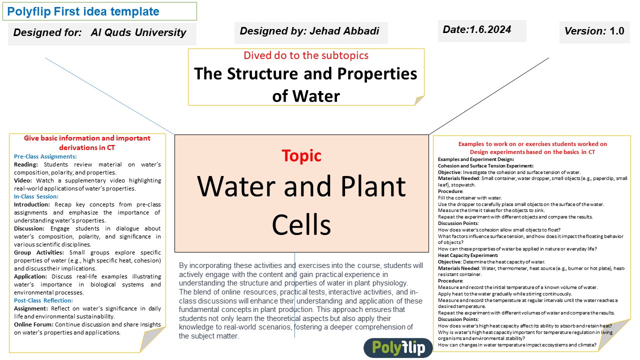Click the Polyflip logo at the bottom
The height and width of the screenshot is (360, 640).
[398, 347]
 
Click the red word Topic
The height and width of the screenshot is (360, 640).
[301, 155]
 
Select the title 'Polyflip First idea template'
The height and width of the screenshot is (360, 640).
[83, 11]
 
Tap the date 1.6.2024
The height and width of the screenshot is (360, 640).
[490, 29]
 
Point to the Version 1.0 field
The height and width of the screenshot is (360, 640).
[594, 31]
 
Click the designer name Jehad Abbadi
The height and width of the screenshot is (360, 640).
[344, 31]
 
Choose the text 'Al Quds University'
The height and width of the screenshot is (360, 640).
[138, 32]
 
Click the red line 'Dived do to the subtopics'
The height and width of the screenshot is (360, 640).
[306, 55]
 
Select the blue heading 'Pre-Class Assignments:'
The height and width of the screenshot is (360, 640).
[45, 156]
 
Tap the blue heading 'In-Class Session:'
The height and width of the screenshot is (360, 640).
[36, 196]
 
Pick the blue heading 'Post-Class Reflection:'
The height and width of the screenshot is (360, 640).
[43, 300]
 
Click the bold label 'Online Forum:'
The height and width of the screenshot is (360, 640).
[33, 324]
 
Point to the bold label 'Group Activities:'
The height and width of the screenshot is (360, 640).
[39, 252]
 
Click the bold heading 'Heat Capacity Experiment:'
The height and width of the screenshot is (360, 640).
[468, 255]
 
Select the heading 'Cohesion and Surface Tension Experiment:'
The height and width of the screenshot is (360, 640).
[485, 165]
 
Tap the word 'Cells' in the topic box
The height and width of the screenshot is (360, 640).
[301, 225]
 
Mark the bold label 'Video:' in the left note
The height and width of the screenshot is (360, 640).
[23, 180]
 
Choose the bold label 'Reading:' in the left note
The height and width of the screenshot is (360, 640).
[25, 164]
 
